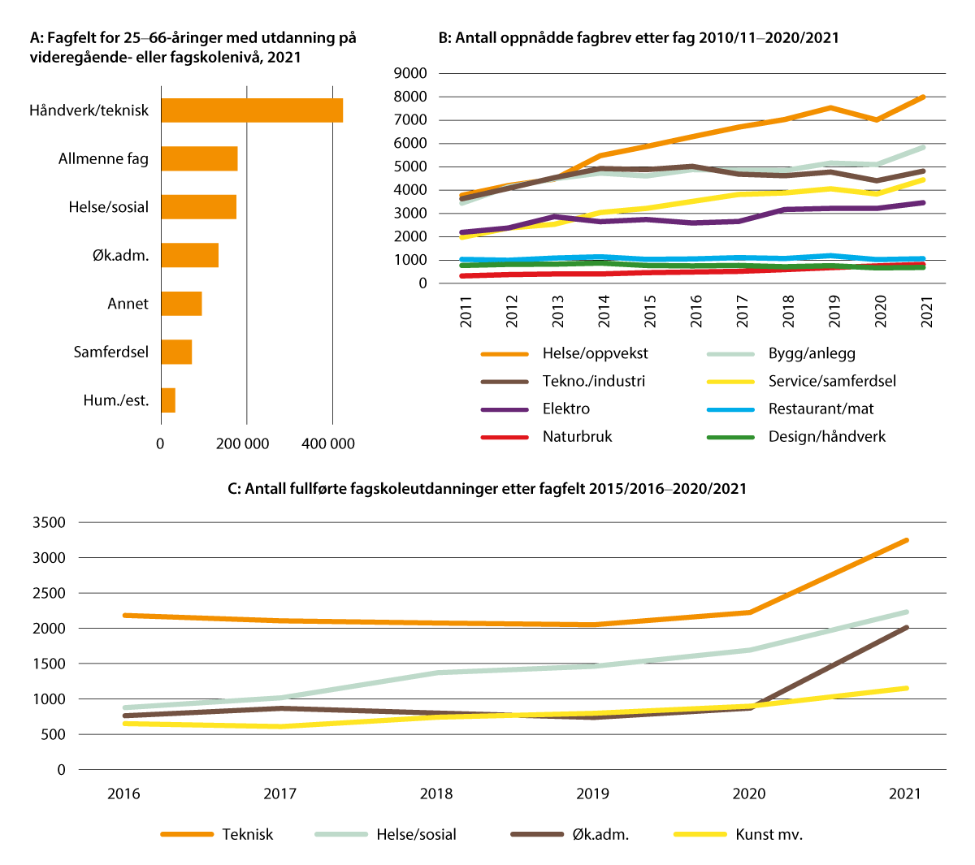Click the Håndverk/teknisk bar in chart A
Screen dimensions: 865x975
coord(252,110)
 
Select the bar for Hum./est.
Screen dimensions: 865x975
coord(168,400)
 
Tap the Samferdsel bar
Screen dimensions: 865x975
coord(176,352)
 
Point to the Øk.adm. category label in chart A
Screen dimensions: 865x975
coord(120,256)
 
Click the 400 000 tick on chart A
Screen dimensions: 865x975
coord(328,443)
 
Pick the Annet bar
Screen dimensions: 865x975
coord(181,304)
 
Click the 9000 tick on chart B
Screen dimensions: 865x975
coord(410,73)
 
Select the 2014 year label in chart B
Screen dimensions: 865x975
coord(604,311)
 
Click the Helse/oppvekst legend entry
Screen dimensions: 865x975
coord(595,353)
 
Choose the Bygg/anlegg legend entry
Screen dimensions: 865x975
coord(811,353)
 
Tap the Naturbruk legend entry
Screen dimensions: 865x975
coord(577,436)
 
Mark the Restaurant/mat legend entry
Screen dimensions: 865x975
coord(821,409)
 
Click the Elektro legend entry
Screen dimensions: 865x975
coord(565,409)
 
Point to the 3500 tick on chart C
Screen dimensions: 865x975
coord(50,522)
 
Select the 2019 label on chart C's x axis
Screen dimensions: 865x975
coord(592,794)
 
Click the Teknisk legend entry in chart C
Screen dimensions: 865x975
coord(247,834)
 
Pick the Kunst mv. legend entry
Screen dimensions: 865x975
coord(768,834)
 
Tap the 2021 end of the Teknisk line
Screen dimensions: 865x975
coord(907,540)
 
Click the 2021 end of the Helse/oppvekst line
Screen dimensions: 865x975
coord(924,97)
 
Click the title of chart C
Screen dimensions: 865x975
coord(487,489)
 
